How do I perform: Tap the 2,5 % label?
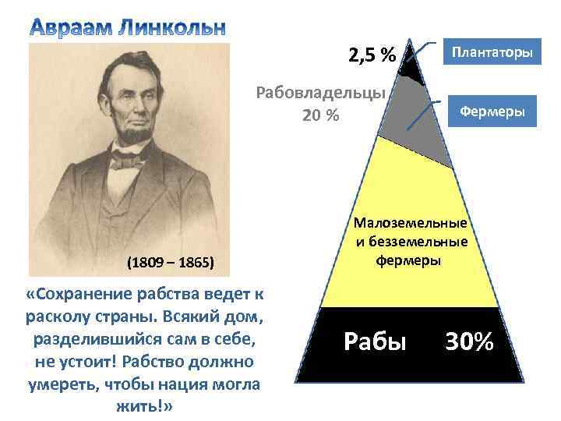coord(372,55)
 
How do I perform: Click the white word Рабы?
coord(375,341)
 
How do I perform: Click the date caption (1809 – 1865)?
coord(170,261)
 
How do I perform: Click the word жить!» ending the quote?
coord(144,407)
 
